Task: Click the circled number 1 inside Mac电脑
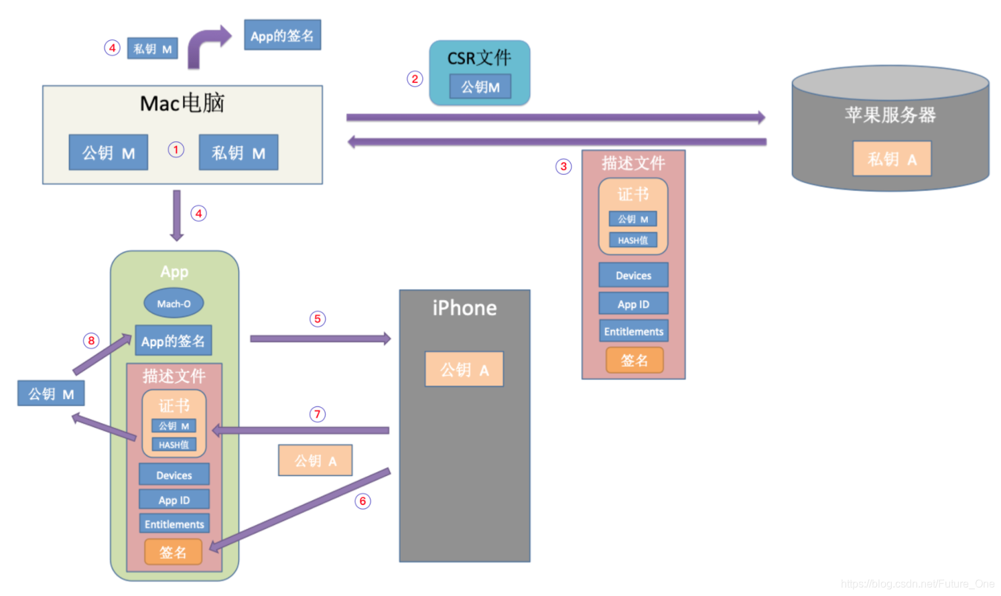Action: point(176,149)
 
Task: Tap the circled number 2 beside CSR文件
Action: point(415,79)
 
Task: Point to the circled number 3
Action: point(563,166)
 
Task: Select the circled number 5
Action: point(318,319)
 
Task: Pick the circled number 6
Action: point(362,501)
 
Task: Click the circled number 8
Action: point(92,340)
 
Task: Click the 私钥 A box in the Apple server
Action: point(892,159)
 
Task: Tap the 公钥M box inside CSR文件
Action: point(480,87)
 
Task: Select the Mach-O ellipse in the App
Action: point(174,303)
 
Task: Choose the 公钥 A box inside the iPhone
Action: point(464,370)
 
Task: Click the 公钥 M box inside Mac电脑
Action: point(109,153)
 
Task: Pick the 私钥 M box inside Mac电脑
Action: point(239,153)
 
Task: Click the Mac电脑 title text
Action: point(182,103)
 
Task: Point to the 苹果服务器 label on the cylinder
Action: point(890,115)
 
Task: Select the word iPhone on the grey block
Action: point(464,308)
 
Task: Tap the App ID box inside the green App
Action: point(174,500)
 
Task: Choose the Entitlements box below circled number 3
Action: point(633,331)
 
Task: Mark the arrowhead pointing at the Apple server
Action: point(761,117)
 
